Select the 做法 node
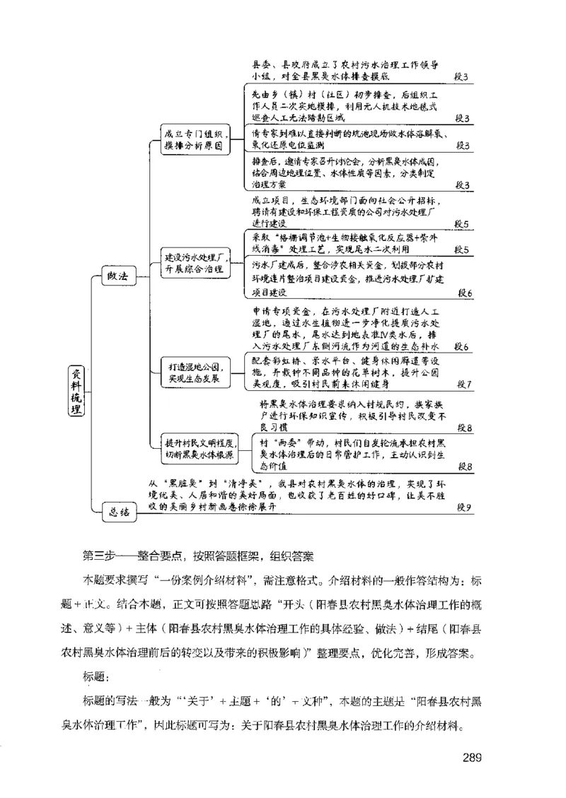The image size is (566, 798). pos(117,276)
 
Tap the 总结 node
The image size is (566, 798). pos(118,512)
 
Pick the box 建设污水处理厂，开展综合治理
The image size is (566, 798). pos(195,263)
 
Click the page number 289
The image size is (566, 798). pos(473,758)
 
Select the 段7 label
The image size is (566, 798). pos(465,385)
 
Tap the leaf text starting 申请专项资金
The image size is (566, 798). pos(347,329)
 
